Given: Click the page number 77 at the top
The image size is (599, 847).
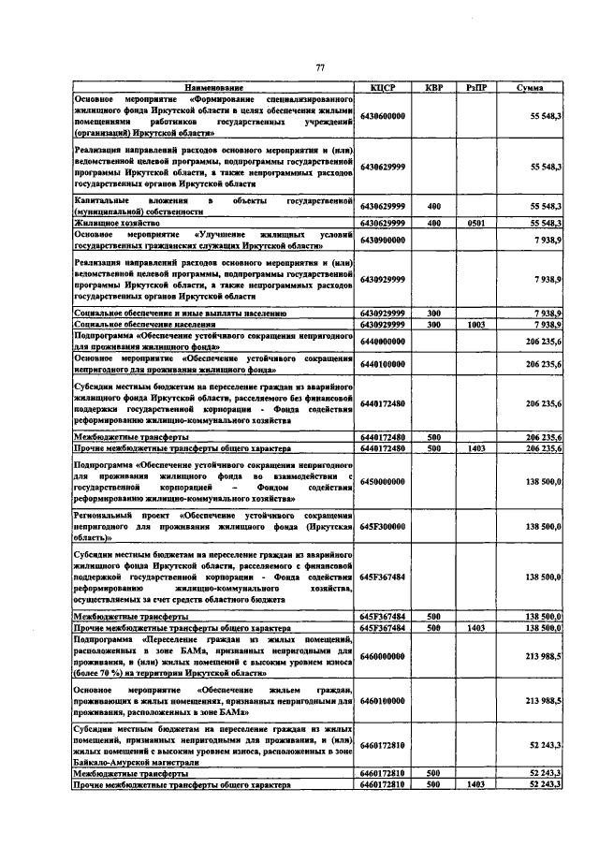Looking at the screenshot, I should [x=319, y=67].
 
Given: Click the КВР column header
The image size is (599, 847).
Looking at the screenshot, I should [x=433, y=87].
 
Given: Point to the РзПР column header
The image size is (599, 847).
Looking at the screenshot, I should [x=475, y=87].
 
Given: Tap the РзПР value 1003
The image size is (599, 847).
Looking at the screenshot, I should [x=475, y=324].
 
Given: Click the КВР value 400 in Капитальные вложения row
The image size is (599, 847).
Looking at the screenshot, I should [x=433, y=206].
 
